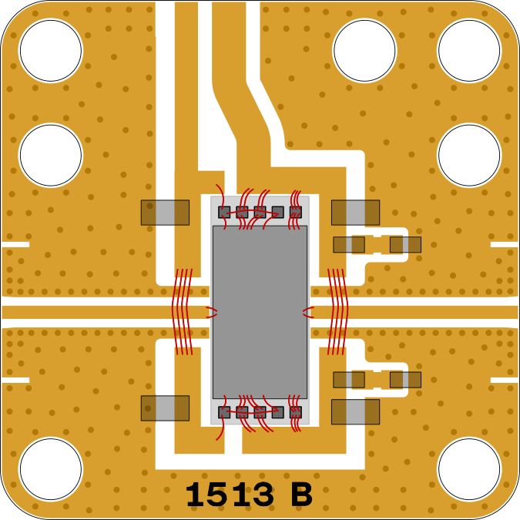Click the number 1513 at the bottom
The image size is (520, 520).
230,495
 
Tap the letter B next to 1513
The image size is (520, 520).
302,495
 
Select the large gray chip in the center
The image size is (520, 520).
260,312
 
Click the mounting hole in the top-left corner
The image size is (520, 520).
51,50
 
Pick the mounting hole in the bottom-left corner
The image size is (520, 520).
51,469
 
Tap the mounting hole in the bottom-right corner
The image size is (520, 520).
469,469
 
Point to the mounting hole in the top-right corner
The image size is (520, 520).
469,50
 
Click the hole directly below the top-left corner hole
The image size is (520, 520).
51,155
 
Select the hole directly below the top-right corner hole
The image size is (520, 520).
469,155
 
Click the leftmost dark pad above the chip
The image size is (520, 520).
224,213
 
